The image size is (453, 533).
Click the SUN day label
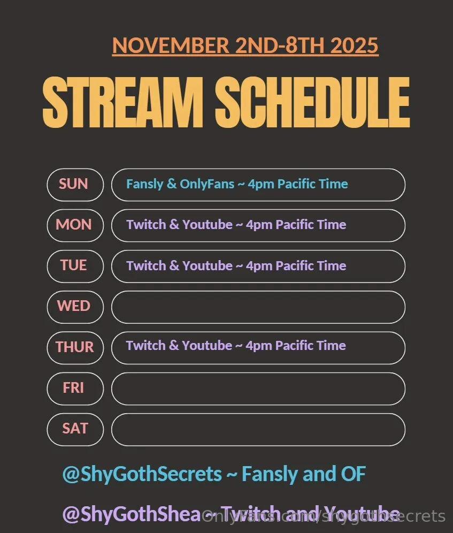tap(74, 184)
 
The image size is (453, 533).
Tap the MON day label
tap(74, 225)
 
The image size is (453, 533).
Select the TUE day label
tap(74, 265)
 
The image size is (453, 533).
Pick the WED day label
tap(74, 306)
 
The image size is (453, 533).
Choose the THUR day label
tap(74, 347)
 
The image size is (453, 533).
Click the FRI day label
tap(74, 387)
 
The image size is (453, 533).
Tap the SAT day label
tap(74, 428)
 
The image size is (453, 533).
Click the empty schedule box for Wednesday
tap(258, 307)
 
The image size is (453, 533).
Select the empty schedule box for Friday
tap(258, 389)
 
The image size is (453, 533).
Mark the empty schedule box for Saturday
tap(258, 429)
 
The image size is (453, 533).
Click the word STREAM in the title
tap(122, 102)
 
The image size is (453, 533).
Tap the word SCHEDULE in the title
tap(312, 102)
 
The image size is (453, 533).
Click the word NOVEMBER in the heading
tap(171, 45)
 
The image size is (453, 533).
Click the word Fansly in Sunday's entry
tap(144, 184)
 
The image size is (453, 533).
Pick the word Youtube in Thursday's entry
tap(207, 346)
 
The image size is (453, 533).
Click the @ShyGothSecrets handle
tap(142, 474)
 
